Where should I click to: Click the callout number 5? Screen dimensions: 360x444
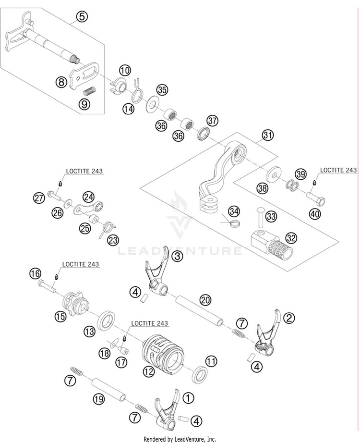click(82, 17)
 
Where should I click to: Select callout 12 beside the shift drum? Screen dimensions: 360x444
click(149, 371)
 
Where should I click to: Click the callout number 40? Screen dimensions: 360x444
click(315, 213)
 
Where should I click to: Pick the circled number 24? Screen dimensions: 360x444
click(89, 197)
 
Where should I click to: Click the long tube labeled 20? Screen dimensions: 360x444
click(199, 310)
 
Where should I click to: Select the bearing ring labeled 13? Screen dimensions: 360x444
click(107, 321)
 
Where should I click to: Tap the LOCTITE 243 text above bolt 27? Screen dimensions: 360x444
click(84, 171)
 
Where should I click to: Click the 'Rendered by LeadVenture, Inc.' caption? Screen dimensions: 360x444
click(180, 439)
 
